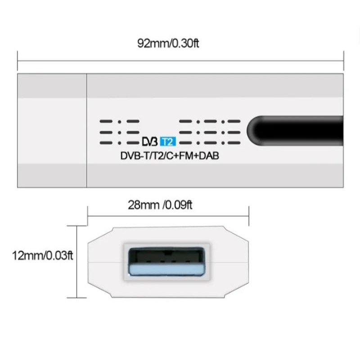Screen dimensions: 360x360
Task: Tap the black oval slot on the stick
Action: pos(295,130)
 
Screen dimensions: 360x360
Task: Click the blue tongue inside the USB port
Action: pos(167,270)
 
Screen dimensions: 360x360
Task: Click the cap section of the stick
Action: pos(52,130)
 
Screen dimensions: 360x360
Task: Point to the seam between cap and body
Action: pos(86,130)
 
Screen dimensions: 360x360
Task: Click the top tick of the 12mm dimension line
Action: pos(79,226)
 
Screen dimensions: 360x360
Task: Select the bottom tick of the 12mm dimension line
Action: pos(79,297)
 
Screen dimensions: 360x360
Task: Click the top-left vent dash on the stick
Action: pos(105,121)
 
